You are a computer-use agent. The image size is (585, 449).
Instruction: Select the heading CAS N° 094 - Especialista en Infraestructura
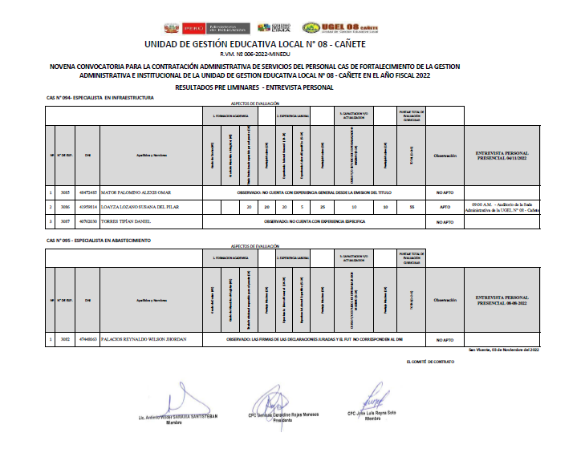pos(100,98)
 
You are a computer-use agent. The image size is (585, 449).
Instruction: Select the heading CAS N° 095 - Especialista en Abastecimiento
pos(98,241)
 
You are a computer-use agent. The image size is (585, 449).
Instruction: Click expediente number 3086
pos(65,207)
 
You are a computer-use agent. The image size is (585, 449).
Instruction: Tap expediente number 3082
pos(65,339)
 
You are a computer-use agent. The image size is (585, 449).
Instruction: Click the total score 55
pos(411,207)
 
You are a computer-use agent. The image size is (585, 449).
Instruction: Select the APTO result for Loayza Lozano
pos(445,207)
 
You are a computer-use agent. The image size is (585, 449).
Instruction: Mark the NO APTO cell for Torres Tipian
pos(445,221)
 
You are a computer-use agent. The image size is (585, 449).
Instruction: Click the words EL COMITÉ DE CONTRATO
pos(430,362)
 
